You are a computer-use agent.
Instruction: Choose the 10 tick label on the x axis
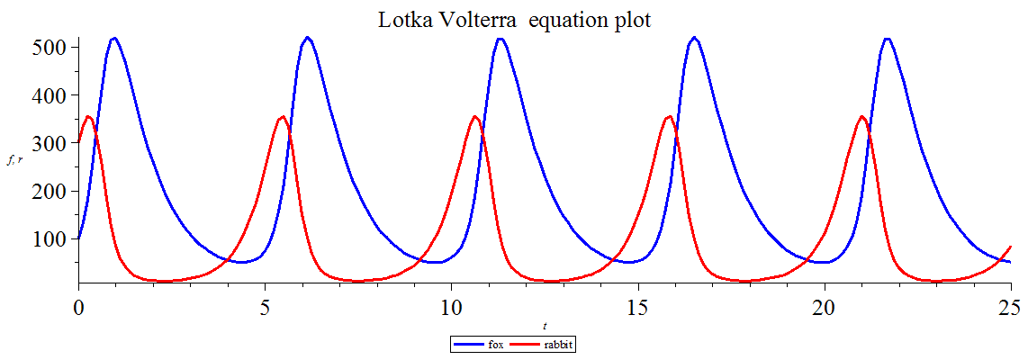[452, 307]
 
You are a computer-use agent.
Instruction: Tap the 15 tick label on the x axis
[638, 307]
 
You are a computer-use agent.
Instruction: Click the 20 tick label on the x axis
[825, 307]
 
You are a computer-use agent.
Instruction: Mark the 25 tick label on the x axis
[1011, 307]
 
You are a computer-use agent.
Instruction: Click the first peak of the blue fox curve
[113, 38]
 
